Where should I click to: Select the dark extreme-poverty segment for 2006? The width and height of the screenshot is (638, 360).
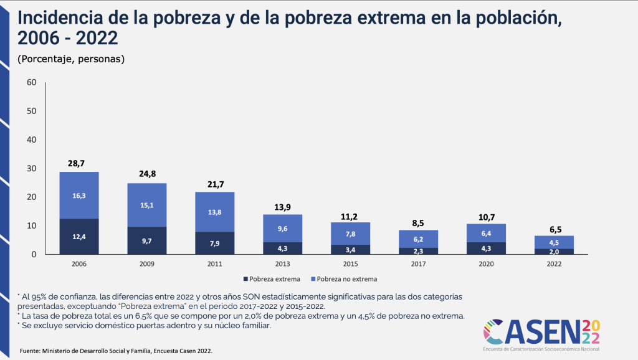tap(79, 237)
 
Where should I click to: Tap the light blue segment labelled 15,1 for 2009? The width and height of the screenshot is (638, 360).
tap(146, 205)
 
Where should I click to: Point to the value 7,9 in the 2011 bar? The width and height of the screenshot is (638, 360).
tap(214, 243)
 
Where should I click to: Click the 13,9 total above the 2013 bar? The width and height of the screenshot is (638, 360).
tap(282, 206)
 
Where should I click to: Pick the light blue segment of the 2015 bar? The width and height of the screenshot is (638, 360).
tap(350, 234)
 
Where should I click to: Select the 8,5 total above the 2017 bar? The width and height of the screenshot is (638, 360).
tap(418, 222)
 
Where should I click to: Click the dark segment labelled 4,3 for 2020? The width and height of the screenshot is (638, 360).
tap(486, 248)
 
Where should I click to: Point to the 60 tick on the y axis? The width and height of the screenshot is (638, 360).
tap(32, 82)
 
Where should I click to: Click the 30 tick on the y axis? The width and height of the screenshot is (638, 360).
tap(32, 168)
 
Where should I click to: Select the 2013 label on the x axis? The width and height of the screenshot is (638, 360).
tap(282, 264)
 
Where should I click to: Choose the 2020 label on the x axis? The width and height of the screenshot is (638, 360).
tap(486, 264)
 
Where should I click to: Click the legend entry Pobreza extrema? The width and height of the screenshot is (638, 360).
tap(271, 279)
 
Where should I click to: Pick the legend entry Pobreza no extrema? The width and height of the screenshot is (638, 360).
tap(346, 279)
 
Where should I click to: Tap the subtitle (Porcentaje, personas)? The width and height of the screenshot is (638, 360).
tap(72, 59)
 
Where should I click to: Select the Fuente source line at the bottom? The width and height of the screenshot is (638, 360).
tap(116, 351)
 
